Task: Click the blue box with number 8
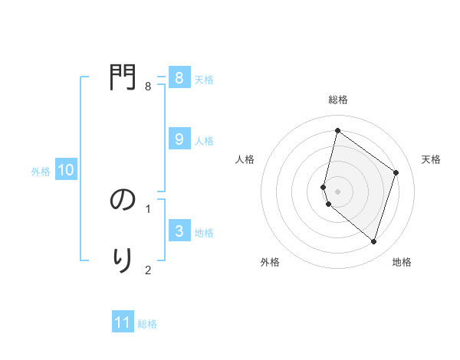179,78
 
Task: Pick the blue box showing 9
179,139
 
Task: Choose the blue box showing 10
66,170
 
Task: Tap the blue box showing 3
179,231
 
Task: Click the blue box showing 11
123,322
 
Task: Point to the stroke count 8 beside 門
148,87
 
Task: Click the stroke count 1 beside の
148,208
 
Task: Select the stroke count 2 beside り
148,269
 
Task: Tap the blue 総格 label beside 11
147,324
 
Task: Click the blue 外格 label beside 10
41,172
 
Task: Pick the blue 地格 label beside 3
204,232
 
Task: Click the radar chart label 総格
338,100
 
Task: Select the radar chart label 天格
432,159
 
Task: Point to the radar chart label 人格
245,159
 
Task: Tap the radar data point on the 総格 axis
337,130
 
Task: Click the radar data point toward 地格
373,241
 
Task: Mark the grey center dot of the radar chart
337,191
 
